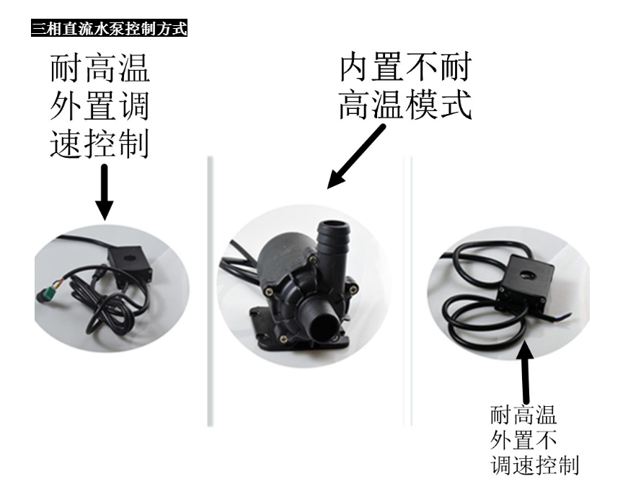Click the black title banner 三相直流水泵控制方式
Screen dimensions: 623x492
pos(109,29)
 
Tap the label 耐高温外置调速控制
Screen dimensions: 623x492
pos(100,107)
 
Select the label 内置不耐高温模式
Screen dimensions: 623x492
pos(405,86)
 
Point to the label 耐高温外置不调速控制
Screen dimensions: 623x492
pos(534,440)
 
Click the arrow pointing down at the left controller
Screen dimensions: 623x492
pos(104,193)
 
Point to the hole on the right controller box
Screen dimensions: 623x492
pos(527,275)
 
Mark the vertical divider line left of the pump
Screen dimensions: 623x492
pos(210,291)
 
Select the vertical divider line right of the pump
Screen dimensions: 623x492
pos(407,291)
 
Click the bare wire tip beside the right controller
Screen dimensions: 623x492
pos(566,316)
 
